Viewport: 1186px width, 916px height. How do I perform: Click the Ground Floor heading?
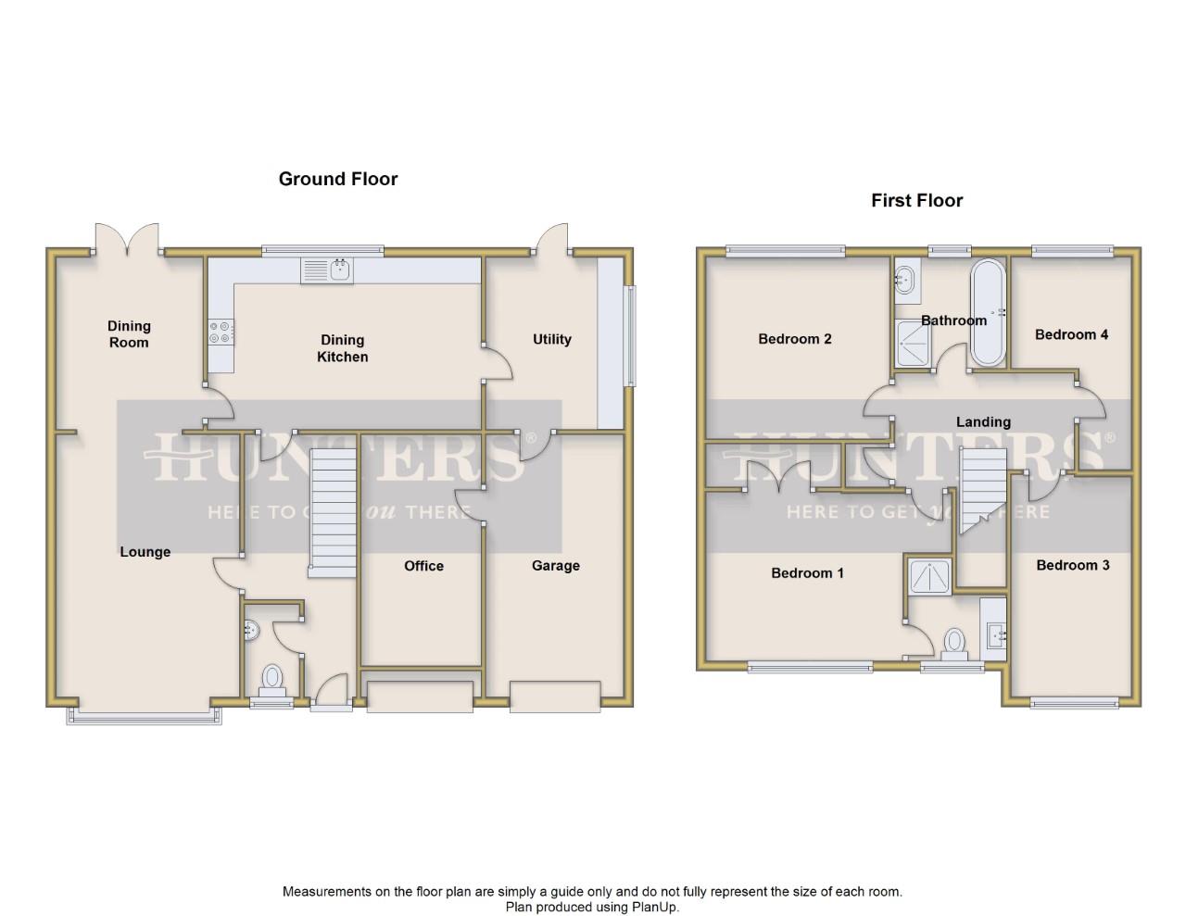pos(338,179)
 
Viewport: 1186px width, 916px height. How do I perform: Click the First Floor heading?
pos(916,201)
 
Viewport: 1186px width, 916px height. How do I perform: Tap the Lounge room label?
pos(145,552)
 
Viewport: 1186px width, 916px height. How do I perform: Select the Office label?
pos(423,566)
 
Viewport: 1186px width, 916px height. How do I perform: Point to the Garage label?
pos(556,566)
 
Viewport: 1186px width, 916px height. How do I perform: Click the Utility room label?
pos(552,339)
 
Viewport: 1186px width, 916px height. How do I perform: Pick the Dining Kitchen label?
pos(343,348)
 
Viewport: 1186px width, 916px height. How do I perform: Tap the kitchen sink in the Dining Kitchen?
pos(327,270)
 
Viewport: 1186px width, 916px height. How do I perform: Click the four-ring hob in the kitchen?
pos(221,333)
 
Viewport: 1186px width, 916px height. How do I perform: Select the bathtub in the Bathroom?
pos(988,313)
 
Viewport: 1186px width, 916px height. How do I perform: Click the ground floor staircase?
pos(333,513)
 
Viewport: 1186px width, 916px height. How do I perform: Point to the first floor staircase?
pos(983,491)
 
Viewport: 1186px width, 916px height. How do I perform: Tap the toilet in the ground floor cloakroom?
pos(272,682)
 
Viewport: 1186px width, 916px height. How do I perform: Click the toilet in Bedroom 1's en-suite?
pos(954,645)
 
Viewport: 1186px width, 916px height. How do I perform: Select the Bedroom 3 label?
pos(1072,565)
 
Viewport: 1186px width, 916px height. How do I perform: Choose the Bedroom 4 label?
pos(1071,334)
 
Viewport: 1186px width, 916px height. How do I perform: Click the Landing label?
pos(983,421)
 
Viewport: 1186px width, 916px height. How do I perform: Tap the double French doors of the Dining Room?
pos(127,239)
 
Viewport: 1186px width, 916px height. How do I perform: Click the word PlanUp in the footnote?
pos(654,908)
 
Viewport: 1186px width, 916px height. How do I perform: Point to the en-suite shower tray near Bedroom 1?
pos(930,576)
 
